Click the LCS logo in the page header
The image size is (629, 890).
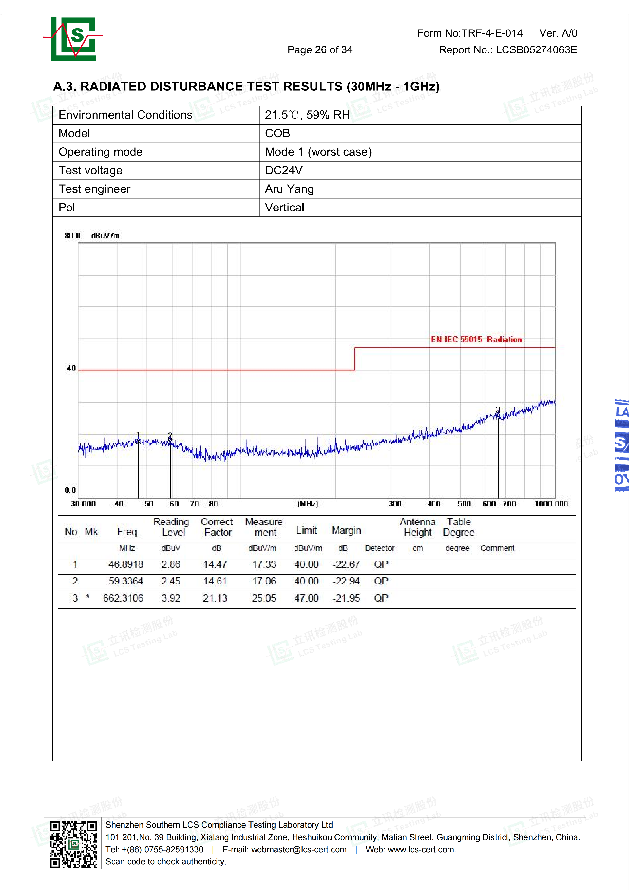73,38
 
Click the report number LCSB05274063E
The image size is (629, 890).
536,50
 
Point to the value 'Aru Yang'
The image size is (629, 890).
289,189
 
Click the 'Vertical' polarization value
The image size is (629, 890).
285,208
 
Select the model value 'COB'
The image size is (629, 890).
277,133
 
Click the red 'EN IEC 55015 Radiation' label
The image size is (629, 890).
476,340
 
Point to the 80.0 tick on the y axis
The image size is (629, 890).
72,236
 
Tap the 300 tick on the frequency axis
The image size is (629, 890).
395,504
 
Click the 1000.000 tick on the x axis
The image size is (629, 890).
551,504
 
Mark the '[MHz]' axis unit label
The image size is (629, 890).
308,504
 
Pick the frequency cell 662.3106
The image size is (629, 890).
123,598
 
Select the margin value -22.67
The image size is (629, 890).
346,564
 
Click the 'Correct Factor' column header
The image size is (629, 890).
217,527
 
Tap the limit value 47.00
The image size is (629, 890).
306,598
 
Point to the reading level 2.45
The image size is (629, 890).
171,581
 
